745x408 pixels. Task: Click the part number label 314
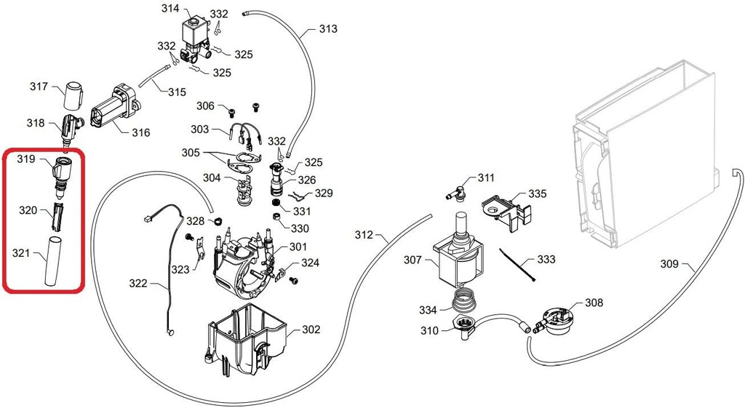pos(170,9)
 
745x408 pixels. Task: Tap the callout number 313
pos(328,30)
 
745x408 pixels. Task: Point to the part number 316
pos(140,132)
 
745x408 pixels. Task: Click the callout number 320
pos(28,210)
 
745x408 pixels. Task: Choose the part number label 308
pos(594,302)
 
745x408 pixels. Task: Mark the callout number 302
pos(311,329)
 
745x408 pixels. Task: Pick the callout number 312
pos(364,235)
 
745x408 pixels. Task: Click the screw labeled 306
pos(231,112)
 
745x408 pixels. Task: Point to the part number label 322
pos(139,283)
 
